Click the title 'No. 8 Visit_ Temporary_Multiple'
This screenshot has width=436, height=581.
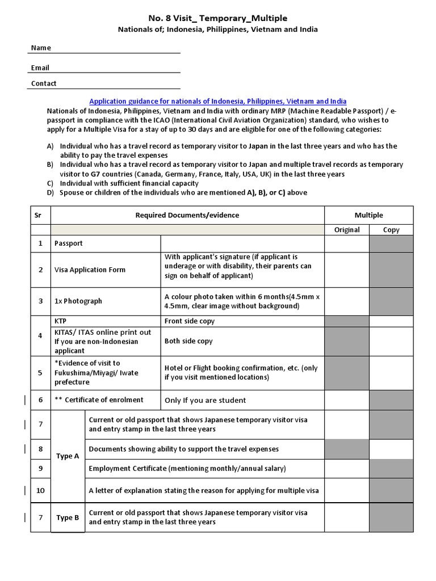point(218,18)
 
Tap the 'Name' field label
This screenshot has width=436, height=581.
point(40,48)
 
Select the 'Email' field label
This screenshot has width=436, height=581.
point(40,68)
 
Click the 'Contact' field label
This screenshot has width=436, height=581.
point(44,83)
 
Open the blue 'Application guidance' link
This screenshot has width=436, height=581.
point(218,101)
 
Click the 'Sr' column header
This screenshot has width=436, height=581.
point(40,215)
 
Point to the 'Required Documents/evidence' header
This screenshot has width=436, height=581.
point(187,215)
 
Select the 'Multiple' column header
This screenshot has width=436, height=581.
point(368,215)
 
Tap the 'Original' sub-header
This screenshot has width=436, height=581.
point(346,230)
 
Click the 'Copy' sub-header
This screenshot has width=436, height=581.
point(391,230)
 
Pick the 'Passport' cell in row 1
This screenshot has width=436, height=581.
point(68,243)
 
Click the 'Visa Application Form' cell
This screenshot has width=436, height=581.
point(90,270)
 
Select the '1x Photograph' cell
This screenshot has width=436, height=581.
point(78,301)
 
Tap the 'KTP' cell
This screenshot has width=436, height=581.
point(60,321)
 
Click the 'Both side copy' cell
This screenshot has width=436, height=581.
point(188,341)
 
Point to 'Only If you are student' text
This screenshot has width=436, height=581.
point(205,400)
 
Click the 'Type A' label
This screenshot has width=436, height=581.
point(68,456)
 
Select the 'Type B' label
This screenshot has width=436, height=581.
point(68,517)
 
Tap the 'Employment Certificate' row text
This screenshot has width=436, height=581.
point(187,468)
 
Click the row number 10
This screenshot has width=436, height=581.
point(40,490)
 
